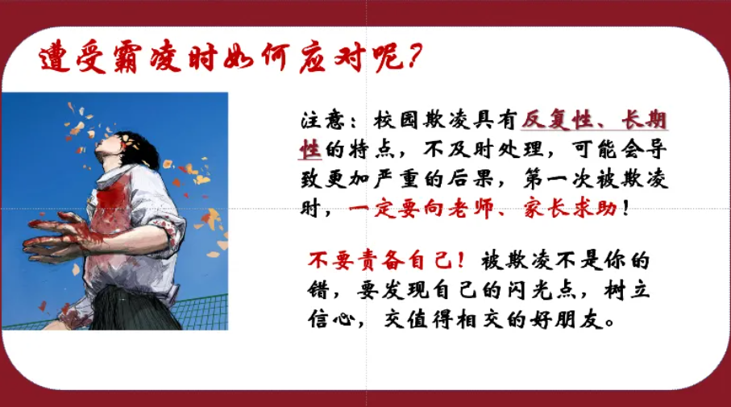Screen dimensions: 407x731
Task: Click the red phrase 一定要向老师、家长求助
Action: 484,209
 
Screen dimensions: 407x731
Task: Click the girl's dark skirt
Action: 137,306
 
